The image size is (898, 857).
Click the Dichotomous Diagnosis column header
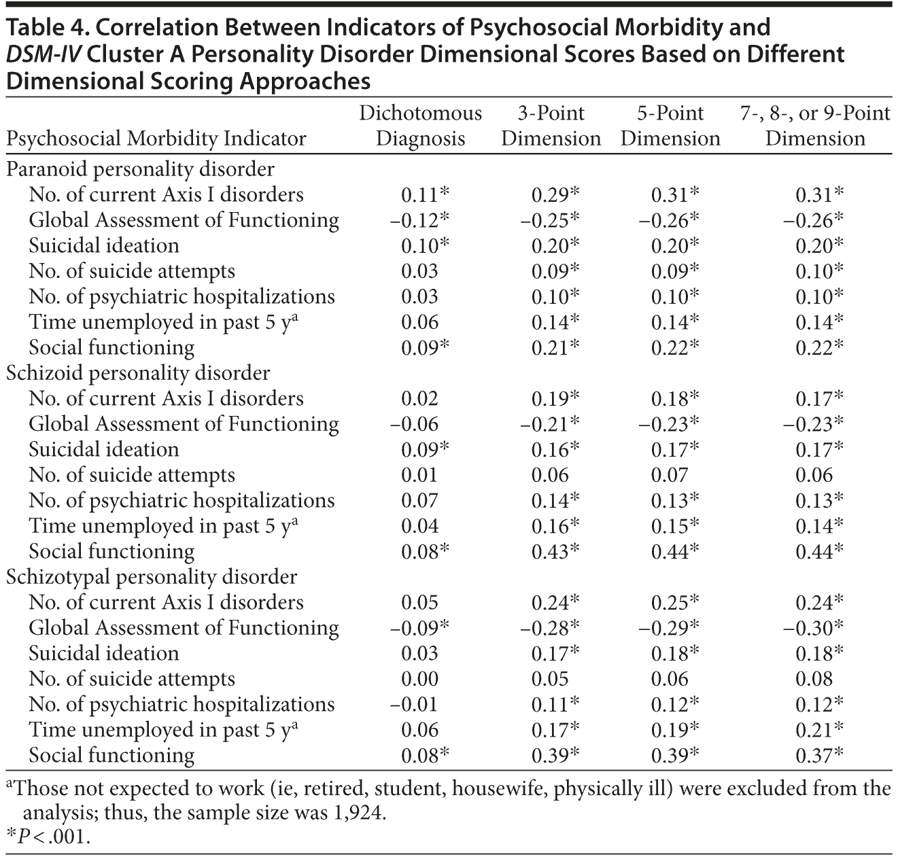point(420,126)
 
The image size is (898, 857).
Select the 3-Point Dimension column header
point(551,126)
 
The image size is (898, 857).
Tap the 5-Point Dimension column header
point(670,126)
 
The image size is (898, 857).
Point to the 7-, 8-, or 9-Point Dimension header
point(815,126)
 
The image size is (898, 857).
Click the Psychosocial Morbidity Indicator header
point(156,139)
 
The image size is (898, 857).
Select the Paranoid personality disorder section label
point(140,169)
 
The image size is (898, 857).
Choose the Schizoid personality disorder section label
point(138,372)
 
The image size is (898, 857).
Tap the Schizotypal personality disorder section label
point(152,576)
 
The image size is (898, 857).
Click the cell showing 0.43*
point(555,551)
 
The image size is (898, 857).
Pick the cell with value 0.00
point(419,678)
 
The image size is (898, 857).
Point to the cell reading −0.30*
point(814,627)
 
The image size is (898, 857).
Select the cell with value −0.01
point(414,704)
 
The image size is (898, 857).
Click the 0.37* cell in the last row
point(820,755)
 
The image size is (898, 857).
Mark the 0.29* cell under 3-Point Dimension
point(555,194)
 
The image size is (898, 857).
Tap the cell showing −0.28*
point(550,627)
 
